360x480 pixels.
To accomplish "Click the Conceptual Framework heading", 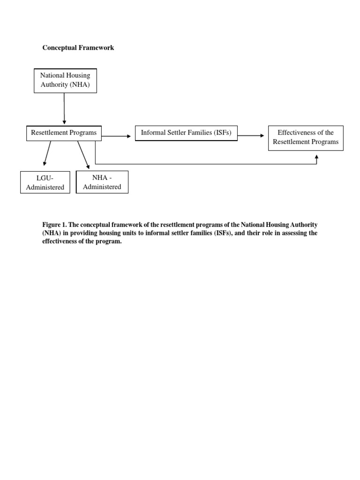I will [x=78, y=48].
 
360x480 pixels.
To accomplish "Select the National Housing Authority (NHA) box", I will [x=65, y=80].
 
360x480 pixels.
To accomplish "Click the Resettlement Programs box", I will [x=64, y=133].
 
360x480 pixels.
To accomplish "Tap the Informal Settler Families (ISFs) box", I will [x=186, y=133].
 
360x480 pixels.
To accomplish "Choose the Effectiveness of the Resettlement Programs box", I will [x=306, y=137].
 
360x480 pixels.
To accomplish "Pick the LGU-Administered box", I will [x=45, y=182].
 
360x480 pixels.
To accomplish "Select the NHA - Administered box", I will [x=102, y=182].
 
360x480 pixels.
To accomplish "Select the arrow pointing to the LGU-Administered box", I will [x=47, y=153].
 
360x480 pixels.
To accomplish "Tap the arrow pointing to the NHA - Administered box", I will [x=83, y=155].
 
